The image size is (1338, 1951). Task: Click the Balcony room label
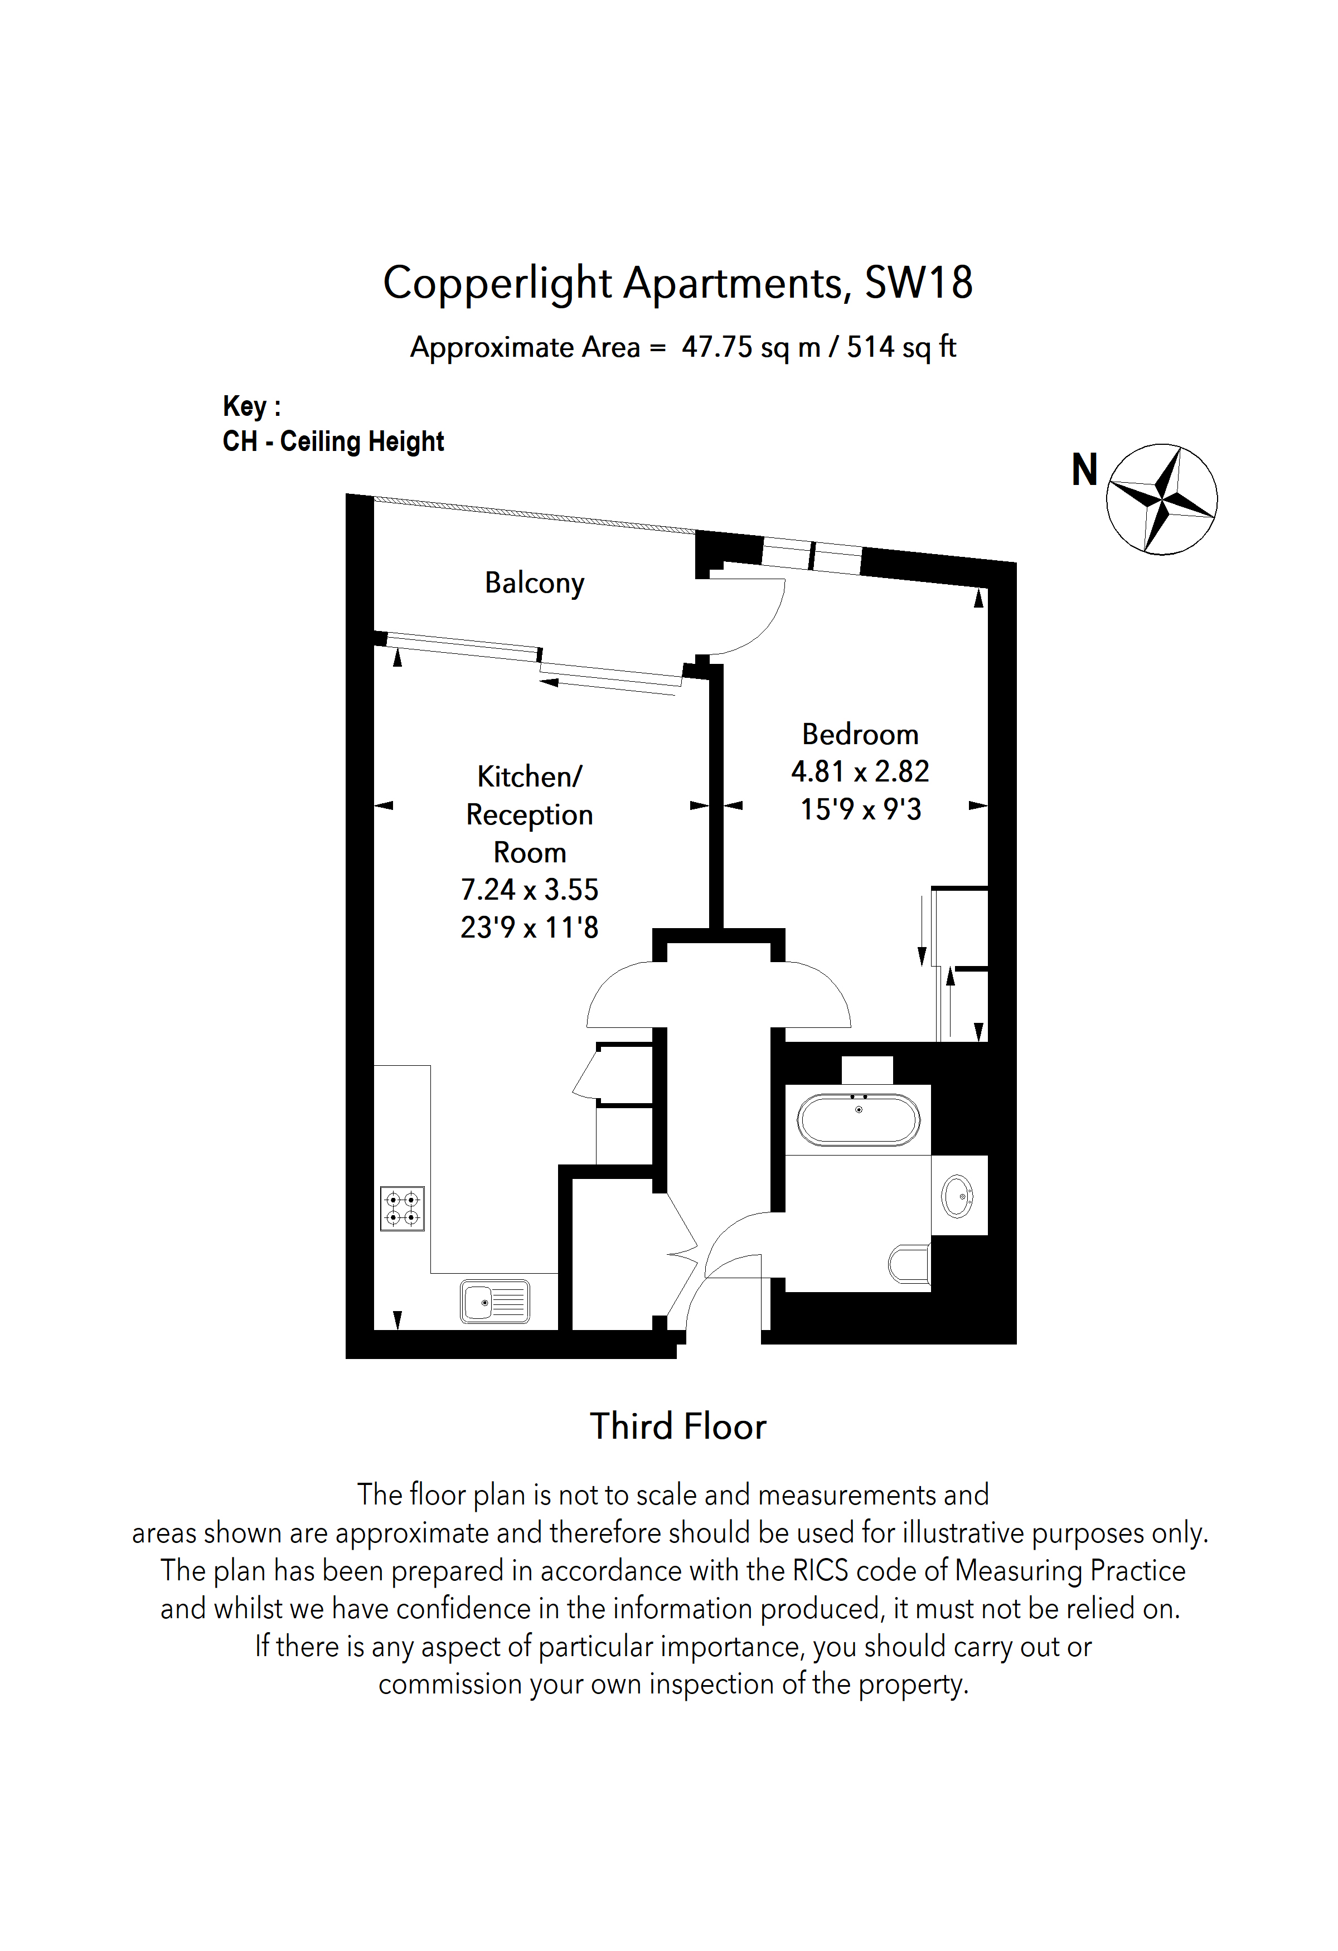pos(534,583)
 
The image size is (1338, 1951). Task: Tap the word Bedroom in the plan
pos(860,735)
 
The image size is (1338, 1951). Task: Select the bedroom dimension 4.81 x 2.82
pos(860,771)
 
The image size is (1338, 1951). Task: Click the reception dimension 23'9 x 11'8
pos(529,928)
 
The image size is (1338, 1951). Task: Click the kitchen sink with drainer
pos(495,1302)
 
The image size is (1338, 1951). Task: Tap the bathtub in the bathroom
pos(858,1120)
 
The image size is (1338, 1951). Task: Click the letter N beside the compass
pos(1084,470)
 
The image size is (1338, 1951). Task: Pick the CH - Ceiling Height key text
pos(333,441)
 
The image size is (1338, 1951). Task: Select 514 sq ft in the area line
pos(901,347)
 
